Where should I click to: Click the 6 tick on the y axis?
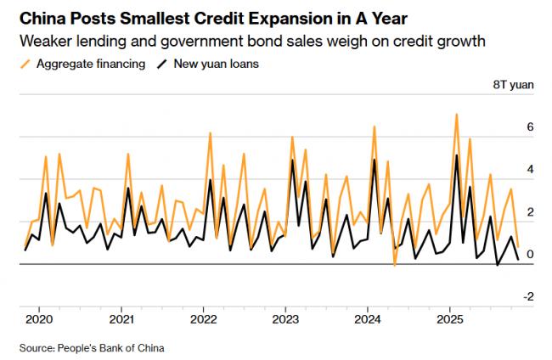coord(530,127)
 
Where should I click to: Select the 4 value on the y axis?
coord(530,169)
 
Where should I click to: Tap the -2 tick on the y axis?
coord(527,296)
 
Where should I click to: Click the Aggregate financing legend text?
coord(90,64)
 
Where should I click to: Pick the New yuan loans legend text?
coord(217,64)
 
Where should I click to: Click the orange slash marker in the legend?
coord(24,64)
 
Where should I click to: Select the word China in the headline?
coord(40,18)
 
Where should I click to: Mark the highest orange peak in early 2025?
coord(457,114)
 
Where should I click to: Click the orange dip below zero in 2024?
coord(395,266)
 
